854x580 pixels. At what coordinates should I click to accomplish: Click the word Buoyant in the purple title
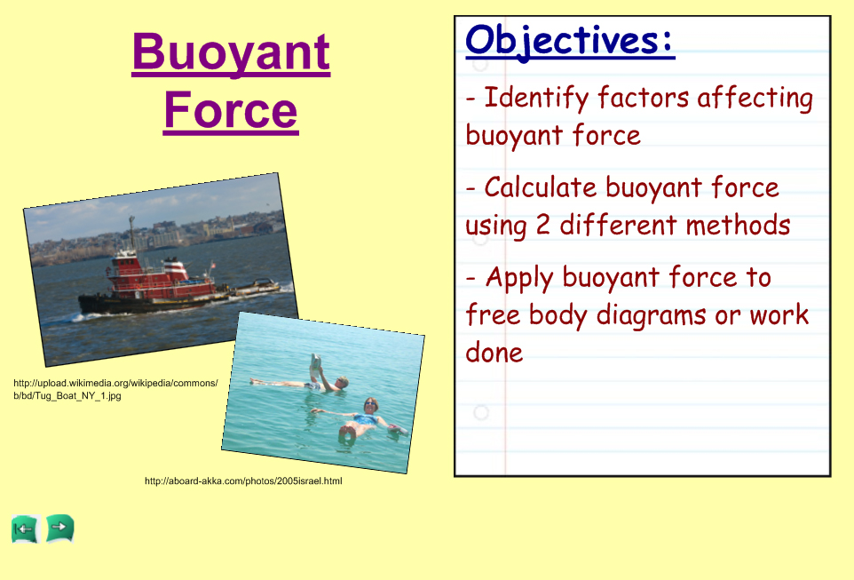[x=231, y=53]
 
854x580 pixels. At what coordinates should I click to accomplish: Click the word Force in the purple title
[x=231, y=111]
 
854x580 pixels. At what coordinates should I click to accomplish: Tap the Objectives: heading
[x=570, y=42]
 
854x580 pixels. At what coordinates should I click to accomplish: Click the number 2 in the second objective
[x=542, y=225]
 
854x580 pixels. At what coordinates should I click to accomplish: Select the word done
[x=494, y=353]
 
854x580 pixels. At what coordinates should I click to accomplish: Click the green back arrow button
[x=26, y=528]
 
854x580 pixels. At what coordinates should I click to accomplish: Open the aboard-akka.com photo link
[x=243, y=481]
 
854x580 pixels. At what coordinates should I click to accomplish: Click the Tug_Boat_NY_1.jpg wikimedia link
[x=115, y=389]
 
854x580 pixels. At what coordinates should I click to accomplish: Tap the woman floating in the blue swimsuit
[x=360, y=420]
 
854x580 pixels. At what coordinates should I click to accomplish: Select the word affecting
[x=755, y=99]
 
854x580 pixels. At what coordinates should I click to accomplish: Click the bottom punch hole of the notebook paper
[x=481, y=413]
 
